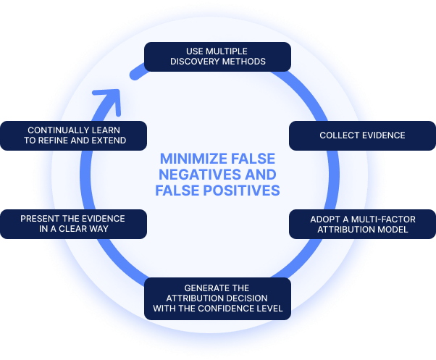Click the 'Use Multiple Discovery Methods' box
click(218, 56)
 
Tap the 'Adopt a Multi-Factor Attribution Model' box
click(362, 224)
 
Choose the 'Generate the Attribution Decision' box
click(218, 298)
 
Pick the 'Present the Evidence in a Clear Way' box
click(73, 224)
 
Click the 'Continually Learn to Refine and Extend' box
click(73, 135)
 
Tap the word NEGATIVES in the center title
click(195, 175)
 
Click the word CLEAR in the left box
click(86, 230)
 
